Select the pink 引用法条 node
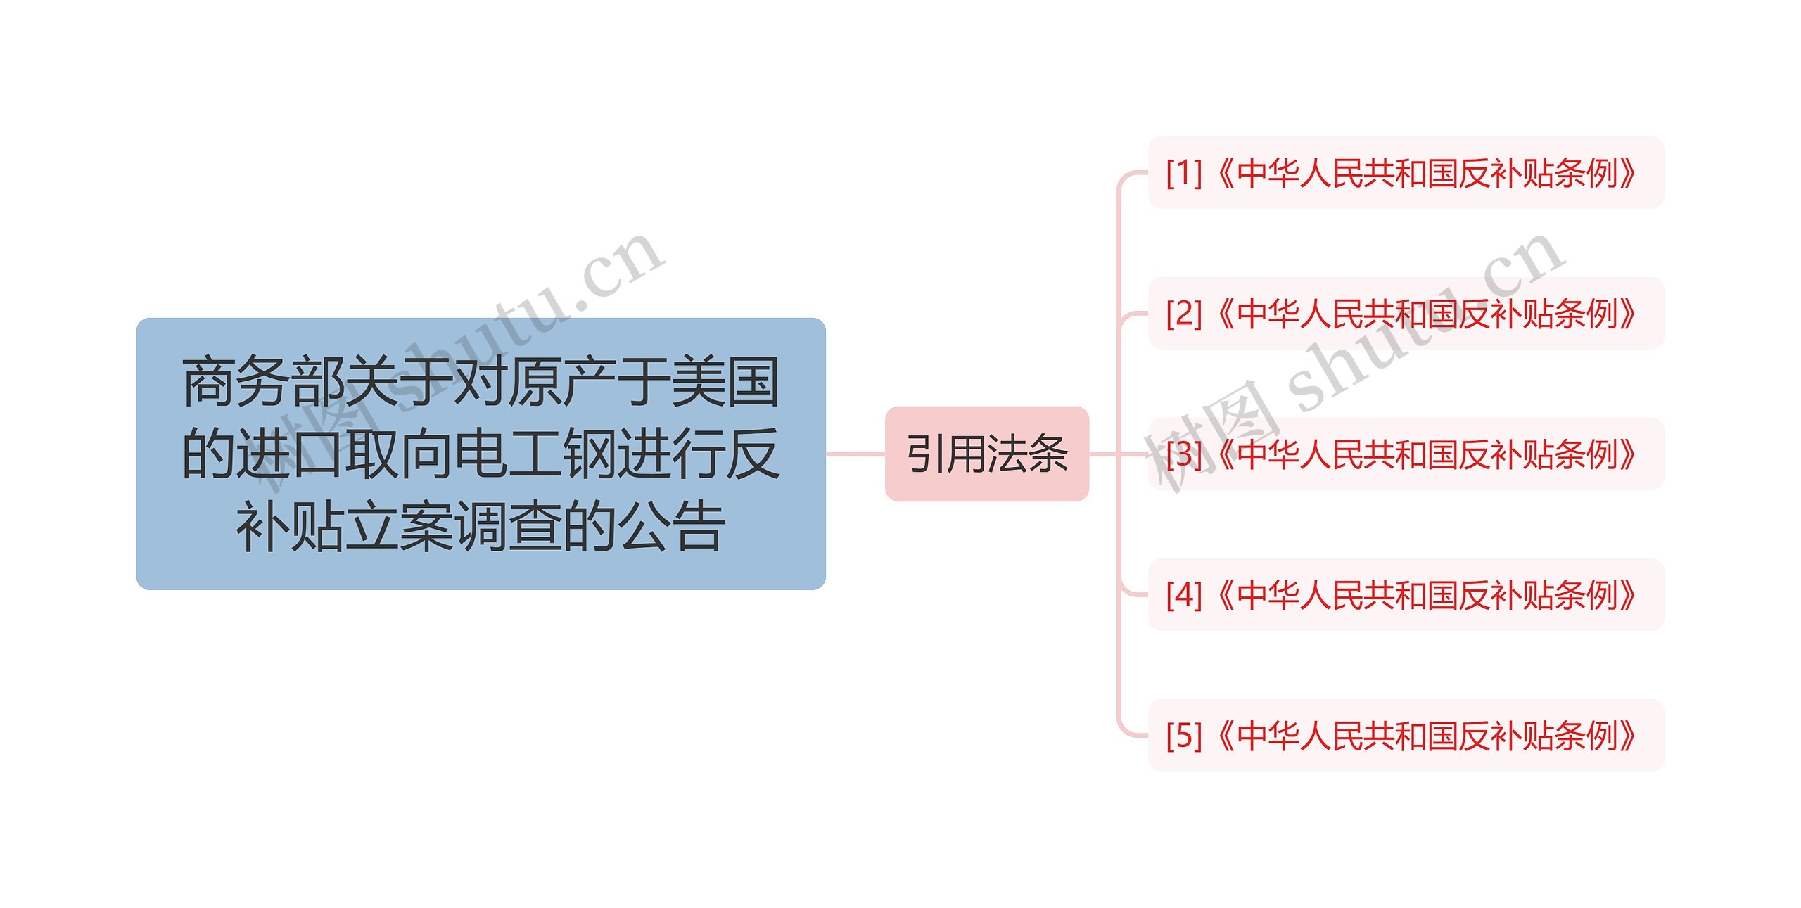click(986, 454)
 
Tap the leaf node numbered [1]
click(1406, 173)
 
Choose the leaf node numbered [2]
click(1406, 314)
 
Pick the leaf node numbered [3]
click(1406, 454)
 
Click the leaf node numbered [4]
click(1406, 595)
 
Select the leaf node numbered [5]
click(1406, 736)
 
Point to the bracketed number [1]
click(1183, 173)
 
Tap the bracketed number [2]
click(1183, 314)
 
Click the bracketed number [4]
click(1183, 595)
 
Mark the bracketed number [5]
click(1183, 736)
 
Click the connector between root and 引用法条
click(855, 454)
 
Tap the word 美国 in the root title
click(725, 382)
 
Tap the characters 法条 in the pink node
click(1028, 454)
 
